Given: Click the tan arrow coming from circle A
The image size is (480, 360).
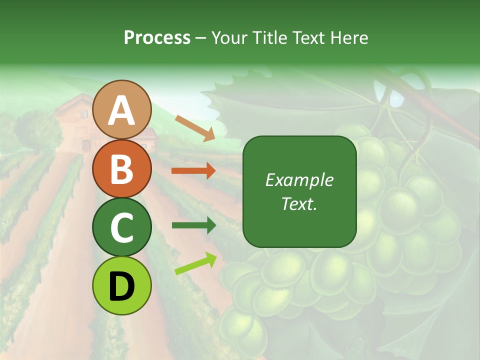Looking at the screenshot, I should coord(195,127).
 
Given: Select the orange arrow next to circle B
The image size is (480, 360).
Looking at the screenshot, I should coord(193,171).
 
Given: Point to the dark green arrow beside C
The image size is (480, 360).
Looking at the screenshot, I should coord(193,225).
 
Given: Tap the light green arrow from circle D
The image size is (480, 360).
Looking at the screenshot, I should coord(195,263).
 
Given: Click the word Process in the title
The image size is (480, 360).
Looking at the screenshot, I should coord(157,38).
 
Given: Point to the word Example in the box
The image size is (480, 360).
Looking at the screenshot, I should coord(299,180).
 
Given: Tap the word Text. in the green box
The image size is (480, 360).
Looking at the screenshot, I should coord(299,203).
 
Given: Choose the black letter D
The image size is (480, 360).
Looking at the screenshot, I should coord(122,286).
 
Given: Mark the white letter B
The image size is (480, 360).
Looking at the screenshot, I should coord(122,169).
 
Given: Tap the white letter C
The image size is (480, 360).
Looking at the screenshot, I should coord(122,227).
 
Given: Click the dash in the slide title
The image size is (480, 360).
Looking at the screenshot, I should coord(201,38).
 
